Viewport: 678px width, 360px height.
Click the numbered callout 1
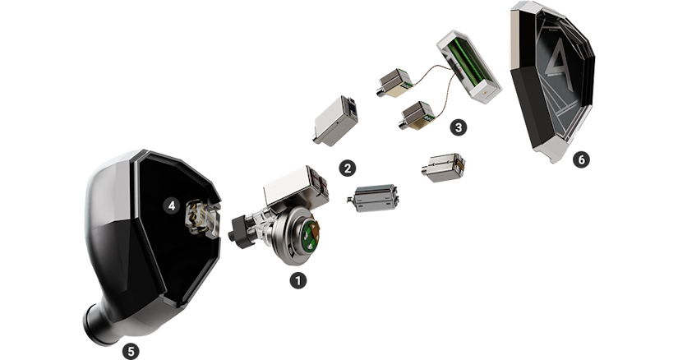point(298,280)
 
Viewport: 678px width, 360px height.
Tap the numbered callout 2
point(348,168)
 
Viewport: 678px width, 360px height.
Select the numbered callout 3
point(459,127)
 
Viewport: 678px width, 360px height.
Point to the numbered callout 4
point(172,205)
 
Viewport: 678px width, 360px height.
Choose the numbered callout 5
point(131,350)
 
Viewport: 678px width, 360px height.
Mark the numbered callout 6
point(581,159)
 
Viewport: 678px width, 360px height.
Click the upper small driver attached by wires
point(394,82)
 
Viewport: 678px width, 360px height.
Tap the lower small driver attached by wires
point(416,116)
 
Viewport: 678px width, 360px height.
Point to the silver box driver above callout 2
point(335,121)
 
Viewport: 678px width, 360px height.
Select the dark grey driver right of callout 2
point(373,198)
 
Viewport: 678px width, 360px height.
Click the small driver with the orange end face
point(443,167)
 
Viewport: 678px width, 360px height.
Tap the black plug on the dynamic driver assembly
point(242,233)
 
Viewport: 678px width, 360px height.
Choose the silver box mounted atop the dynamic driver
point(296,186)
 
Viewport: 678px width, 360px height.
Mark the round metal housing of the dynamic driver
point(294,236)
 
